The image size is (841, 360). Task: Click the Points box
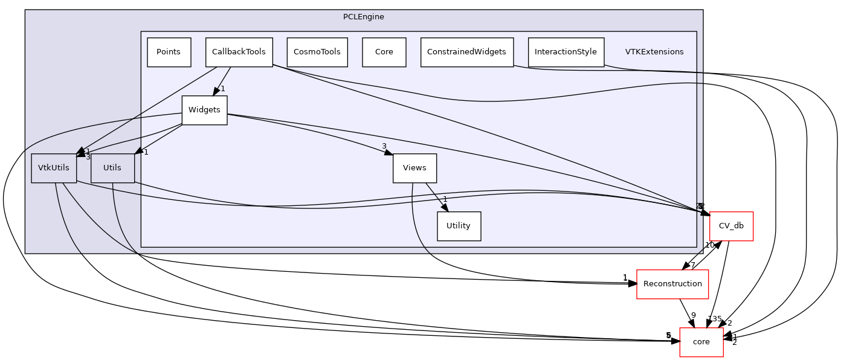tap(169, 52)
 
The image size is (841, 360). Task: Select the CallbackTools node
tap(239, 52)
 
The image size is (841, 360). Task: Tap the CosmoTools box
tap(317, 52)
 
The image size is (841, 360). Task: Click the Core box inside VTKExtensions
tap(384, 52)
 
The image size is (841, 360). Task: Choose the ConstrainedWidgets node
tap(466, 52)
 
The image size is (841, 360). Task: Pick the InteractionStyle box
tap(565, 52)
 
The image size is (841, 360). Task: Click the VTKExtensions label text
tap(654, 52)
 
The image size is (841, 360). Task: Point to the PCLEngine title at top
tap(363, 17)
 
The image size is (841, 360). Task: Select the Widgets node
tap(204, 111)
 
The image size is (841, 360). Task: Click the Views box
tap(414, 168)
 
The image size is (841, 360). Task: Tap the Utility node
tap(458, 226)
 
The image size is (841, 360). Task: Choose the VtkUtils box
tap(54, 168)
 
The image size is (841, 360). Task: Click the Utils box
tap(112, 168)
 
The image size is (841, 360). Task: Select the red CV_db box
tap(730, 226)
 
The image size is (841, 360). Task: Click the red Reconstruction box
tap(672, 284)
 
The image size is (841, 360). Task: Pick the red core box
tap(701, 342)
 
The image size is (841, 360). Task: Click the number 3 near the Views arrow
tap(384, 146)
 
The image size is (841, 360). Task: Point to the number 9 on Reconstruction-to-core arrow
tap(694, 315)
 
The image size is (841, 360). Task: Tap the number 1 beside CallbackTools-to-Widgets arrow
tap(222, 89)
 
